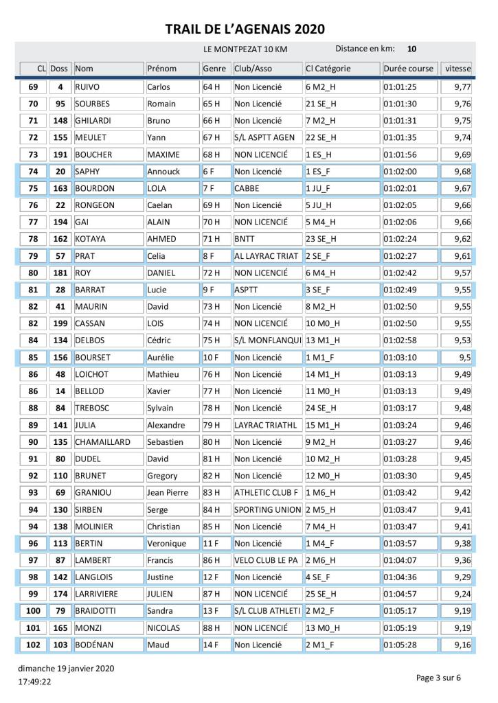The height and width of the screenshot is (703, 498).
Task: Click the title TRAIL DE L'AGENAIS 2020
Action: point(245,29)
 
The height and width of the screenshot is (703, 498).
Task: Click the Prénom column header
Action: point(161,69)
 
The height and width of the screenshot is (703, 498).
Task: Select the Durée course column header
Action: point(408,69)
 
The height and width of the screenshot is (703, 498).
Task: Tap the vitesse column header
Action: point(457,69)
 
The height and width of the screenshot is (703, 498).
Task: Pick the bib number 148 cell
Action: point(60,121)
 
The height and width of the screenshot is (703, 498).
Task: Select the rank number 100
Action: point(32,611)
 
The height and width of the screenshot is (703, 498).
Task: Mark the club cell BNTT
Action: point(245,239)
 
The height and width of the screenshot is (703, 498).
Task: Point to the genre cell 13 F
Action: point(210,611)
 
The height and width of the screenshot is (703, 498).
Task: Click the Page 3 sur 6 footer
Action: point(438,678)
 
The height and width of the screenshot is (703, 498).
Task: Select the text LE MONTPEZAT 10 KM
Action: point(245,50)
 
